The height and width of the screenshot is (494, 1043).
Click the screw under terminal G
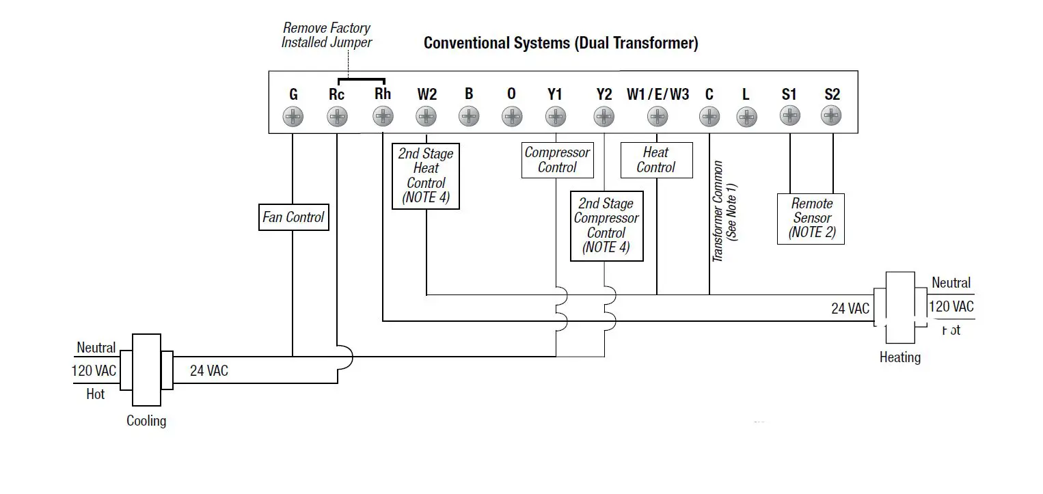pyautogui.click(x=293, y=118)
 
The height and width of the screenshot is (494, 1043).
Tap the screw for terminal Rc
pyautogui.click(x=337, y=118)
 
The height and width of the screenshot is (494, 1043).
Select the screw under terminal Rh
pyautogui.click(x=383, y=118)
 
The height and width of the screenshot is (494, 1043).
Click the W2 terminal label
pyautogui.click(x=426, y=94)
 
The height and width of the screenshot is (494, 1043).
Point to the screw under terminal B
pyautogui.click(x=469, y=118)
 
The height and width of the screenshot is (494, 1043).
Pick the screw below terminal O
pyautogui.click(x=512, y=118)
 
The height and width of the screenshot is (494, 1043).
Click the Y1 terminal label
pyautogui.click(x=555, y=94)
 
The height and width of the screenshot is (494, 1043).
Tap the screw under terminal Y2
pyautogui.click(x=604, y=118)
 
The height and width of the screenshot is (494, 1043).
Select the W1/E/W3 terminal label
pyautogui.click(x=658, y=94)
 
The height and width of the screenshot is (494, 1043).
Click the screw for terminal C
pyautogui.click(x=709, y=118)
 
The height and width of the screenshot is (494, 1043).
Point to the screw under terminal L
pyautogui.click(x=746, y=118)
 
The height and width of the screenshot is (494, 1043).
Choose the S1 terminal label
pyautogui.click(x=789, y=94)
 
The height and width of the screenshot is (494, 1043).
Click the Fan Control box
pyautogui.click(x=293, y=217)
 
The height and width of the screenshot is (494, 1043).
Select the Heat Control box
pyautogui.click(x=656, y=160)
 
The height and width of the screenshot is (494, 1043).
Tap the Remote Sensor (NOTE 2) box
pyautogui.click(x=811, y=218)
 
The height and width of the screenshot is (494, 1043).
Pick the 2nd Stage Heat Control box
pyautogui.click(x=426, y=176)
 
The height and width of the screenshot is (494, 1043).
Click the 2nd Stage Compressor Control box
pyautogui.click(x=606, y=225)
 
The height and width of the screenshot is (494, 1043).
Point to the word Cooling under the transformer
pyautogui.click(x=146, y=421)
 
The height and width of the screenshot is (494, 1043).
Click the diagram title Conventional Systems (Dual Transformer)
pyautogui.click(x=560, y=43)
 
